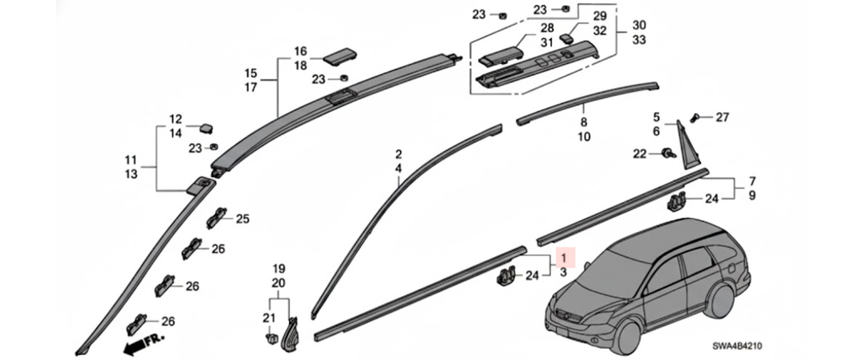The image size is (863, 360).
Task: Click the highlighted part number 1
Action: tap(563, 256)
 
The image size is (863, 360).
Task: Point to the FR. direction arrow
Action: tap(144, 343)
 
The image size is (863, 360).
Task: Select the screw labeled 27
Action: tap(694, 117)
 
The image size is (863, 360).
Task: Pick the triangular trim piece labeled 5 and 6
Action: tap(688, 147)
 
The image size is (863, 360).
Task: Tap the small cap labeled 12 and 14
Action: tap(206, 128)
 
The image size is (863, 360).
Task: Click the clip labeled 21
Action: tap(270, 339)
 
